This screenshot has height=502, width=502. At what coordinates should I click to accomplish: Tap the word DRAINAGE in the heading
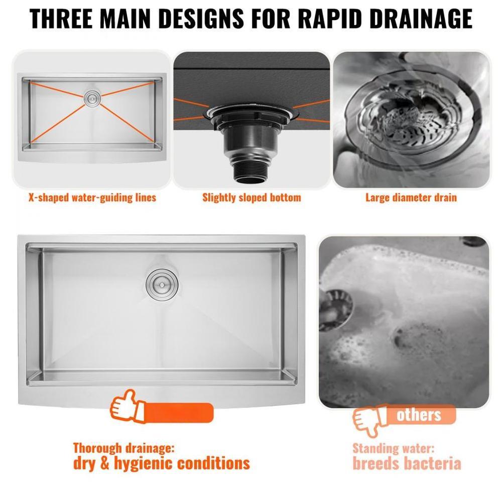[x=421, y=19]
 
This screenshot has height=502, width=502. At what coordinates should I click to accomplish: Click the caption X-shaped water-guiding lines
[x=92, y=197]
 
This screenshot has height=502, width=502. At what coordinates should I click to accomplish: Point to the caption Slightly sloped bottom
[x=252, y=197]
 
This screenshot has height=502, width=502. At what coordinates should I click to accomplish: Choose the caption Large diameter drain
[x=411, y=197]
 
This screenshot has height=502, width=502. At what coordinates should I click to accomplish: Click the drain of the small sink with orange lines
[x=92, y=98]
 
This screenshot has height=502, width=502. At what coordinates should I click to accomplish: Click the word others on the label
[x=419, y=415]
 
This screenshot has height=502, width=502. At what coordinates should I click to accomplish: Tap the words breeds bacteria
[x=407, y=463]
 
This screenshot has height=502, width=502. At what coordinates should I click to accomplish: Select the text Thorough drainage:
[x=124, y=448]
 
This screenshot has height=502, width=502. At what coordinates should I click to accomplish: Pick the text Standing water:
[x=394, y=448]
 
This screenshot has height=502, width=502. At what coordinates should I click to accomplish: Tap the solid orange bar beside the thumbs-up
[x=179, y=413]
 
